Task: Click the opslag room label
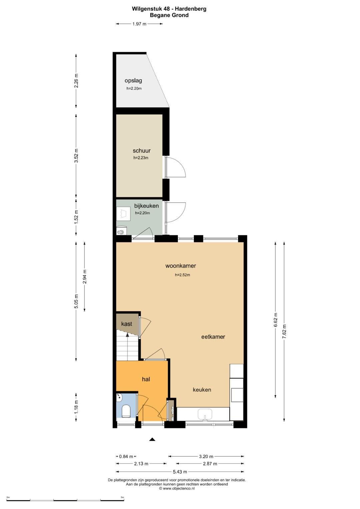[133, 80]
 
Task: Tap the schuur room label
[142, 150]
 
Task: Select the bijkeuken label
[146, 206]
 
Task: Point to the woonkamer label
[181, 266]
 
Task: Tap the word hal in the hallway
[146, 379]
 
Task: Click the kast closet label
[127, 324]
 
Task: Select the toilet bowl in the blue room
[126, 411]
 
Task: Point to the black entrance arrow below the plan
[152, 439]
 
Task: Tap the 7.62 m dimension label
[284, 332]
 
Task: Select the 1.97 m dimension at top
[139, 24]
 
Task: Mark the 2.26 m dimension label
[76, 81]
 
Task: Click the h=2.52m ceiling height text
[183, 275]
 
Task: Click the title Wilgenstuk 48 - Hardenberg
[169, 9]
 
